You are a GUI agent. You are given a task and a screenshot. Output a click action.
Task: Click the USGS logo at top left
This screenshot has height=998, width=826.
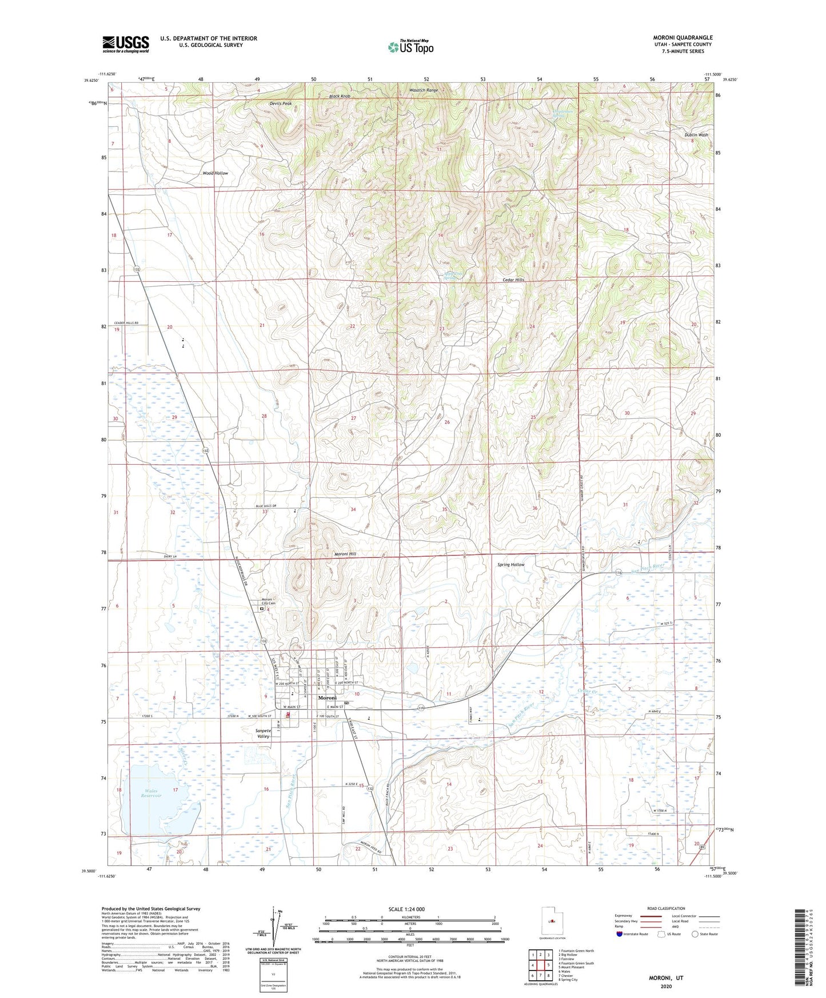click(x=126, y=44)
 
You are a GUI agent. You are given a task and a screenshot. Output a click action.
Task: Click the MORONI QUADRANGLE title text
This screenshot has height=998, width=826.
click(x=683, y=38)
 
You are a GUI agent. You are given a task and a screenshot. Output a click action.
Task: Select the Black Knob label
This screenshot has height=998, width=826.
click(x=340, y=97)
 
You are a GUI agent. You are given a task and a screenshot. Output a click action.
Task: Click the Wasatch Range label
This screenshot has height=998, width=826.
click(x=424, y=90)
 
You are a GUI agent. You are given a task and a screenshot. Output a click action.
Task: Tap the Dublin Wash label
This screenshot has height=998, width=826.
click(x=696, y=135)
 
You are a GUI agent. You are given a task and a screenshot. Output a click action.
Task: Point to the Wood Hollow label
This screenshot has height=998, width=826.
click(x=215, y=173)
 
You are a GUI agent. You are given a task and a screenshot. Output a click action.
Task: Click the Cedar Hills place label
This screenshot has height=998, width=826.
click(x=513, y=280)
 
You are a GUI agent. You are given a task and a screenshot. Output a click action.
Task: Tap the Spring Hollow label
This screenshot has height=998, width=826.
click(x=510, y=565)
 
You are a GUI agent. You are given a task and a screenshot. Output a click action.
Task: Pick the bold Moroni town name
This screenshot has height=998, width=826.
click(x=328, y=698)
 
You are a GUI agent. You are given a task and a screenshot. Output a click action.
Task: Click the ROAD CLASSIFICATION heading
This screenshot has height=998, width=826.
click(x=665, y=908)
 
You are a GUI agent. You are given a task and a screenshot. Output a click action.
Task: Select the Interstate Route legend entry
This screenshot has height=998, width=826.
click(x=633, y=934)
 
